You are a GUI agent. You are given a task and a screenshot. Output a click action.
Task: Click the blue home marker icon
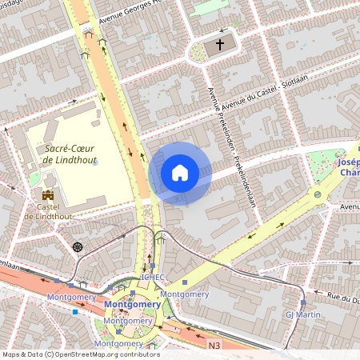pos(180,172)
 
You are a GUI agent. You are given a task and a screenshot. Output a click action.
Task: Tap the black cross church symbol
pos(219,46)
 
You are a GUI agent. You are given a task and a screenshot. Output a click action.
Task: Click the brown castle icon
pos(48,195)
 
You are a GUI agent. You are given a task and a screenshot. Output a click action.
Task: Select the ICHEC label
pos(152,278)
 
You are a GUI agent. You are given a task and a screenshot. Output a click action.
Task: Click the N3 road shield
pos(214,345)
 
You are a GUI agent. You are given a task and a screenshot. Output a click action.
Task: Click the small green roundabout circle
pos(318,194)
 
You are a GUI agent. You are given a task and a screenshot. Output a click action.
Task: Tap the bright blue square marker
pos(75,311)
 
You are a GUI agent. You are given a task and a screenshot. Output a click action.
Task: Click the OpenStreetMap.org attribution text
pos(104,354)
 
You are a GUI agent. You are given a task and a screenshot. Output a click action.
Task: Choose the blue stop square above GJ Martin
pos(303,303)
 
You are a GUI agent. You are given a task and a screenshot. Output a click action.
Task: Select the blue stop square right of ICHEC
pos(185,282)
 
